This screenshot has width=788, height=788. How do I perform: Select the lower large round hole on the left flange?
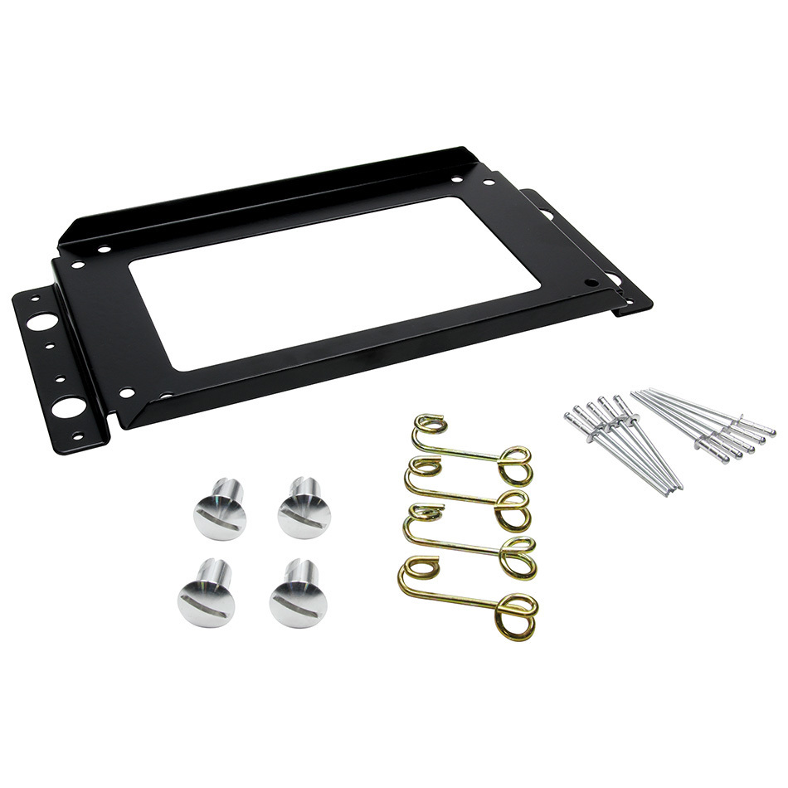tap(66, 406)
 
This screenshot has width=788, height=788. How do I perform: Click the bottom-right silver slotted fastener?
tap(295, 595)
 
